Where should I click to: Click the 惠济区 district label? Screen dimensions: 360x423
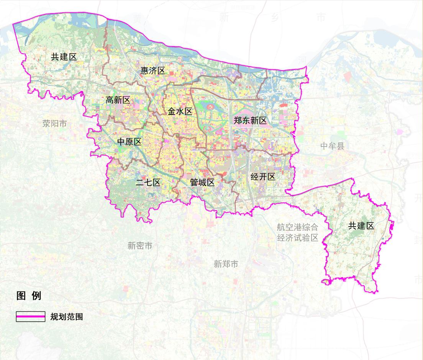pyautogui.click(x=152, y=71)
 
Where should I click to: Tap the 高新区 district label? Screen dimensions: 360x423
pyautogui.click(x=118, y=100)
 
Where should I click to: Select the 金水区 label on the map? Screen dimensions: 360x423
pyautogui.click(x=180, y=112)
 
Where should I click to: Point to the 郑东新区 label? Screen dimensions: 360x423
pyautogui.click(x=250, y=121)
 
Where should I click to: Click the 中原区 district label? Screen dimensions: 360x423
pyautogui.click(x=130, y=142)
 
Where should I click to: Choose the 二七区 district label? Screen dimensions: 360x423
pyautogui.click(x=148, y=182)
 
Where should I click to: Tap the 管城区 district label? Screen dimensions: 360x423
pyautogui.click(x=202, y=182)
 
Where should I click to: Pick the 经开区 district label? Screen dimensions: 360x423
pyautogui.click(x=263, y=177)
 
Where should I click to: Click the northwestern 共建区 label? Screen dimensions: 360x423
pyautogui.click(x=64, y=57)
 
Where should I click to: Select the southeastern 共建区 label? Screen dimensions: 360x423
pyautogui.click(x=361, y=226)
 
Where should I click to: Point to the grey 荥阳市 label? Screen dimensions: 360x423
pyautogui.click(x=54, y=123)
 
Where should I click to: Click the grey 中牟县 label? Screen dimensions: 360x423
pyautogui.click(x=333, y=146)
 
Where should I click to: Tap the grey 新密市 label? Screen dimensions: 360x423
pyautogui.click(x=140, y=246)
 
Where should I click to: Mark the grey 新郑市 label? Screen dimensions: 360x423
pyautogui.click(x=226, y=264)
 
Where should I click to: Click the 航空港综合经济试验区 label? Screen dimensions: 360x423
pyautogui.click(x=298, y=232)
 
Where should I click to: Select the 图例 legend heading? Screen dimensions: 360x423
pyautogui.click(x=29, y=296)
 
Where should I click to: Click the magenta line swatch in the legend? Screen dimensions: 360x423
pyautogui.click(x=31, y=316)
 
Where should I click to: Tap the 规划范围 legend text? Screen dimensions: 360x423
pyautogui.click(x=66, y=317)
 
